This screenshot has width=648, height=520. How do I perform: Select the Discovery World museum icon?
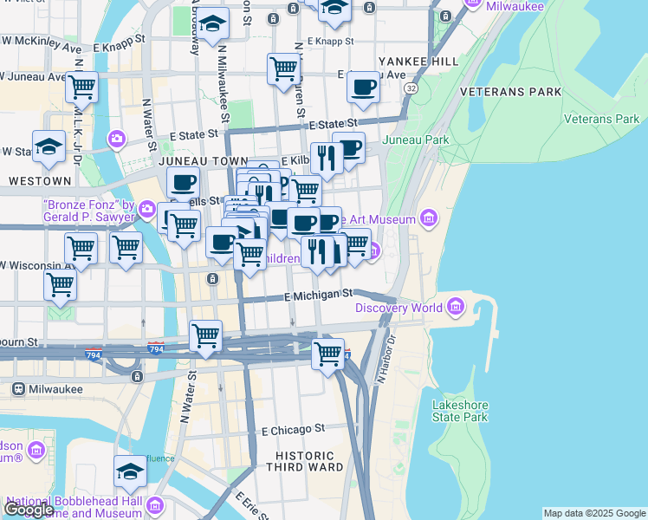[456, 307]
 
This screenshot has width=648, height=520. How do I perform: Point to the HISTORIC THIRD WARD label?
[305, 462]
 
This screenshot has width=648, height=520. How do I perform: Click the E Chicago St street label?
[292, 429]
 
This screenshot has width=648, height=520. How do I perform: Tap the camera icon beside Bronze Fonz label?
[147, 208]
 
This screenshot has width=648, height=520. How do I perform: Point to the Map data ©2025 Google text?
[593, 513]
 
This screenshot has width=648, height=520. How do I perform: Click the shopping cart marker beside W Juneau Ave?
[81, 86]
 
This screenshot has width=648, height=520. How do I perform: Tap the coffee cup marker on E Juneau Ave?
[362, 86]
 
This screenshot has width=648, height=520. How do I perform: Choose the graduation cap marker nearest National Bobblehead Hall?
[130, 471]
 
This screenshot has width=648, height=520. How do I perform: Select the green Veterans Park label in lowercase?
[601, 119]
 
